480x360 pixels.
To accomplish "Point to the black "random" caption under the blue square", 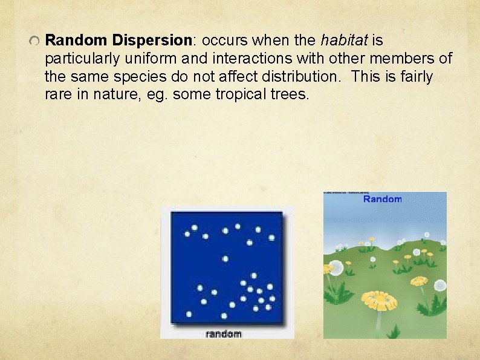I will [x=224, y=333].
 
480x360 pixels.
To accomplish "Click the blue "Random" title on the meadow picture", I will [x=382, y=199].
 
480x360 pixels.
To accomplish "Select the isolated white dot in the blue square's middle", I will [x=225, y=259].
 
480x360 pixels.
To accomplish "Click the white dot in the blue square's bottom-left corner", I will [x=189, y=313].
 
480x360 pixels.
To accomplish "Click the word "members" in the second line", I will [x=407, y=59].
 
